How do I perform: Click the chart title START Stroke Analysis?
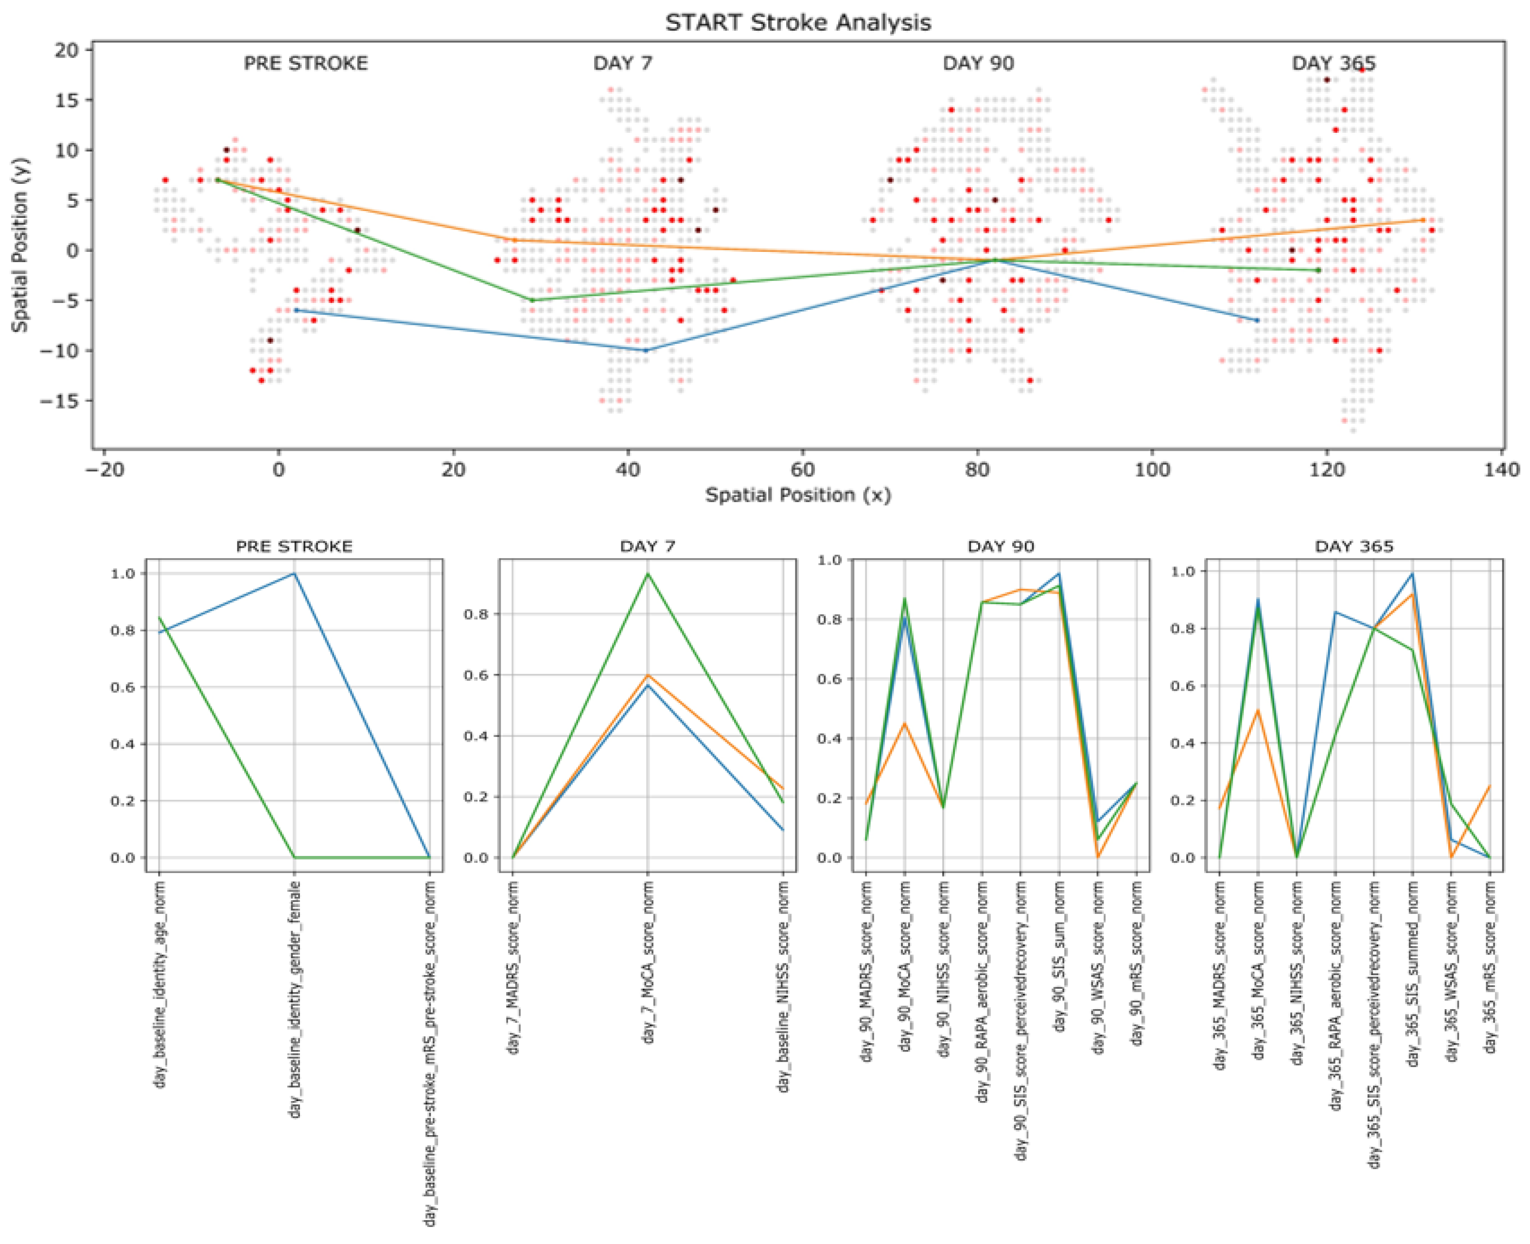tap(798, 22)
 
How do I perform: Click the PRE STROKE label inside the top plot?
tap(306, 63)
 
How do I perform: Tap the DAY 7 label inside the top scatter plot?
tap(622, 63)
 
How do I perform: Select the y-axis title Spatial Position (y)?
tap(19, 244)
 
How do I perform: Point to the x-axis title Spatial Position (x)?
tap(798, 495)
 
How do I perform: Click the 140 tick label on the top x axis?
tap(1502, 470)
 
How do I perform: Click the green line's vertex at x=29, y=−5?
tap(531, 300)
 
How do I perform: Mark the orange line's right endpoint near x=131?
tap(1423, 220)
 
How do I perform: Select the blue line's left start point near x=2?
tap(296, 310)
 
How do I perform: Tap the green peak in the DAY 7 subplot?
tap(648, 573)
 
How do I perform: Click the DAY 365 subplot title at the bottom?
tap(1354, 547)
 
